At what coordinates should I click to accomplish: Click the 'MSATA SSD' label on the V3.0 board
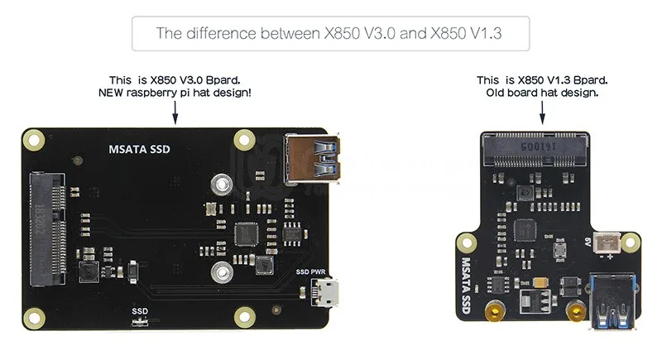139,150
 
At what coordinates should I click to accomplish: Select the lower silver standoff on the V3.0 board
219,271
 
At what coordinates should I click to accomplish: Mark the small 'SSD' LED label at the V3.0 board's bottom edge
139,311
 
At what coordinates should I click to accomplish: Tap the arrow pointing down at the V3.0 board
174,108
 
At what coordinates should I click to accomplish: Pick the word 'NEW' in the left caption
111,93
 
